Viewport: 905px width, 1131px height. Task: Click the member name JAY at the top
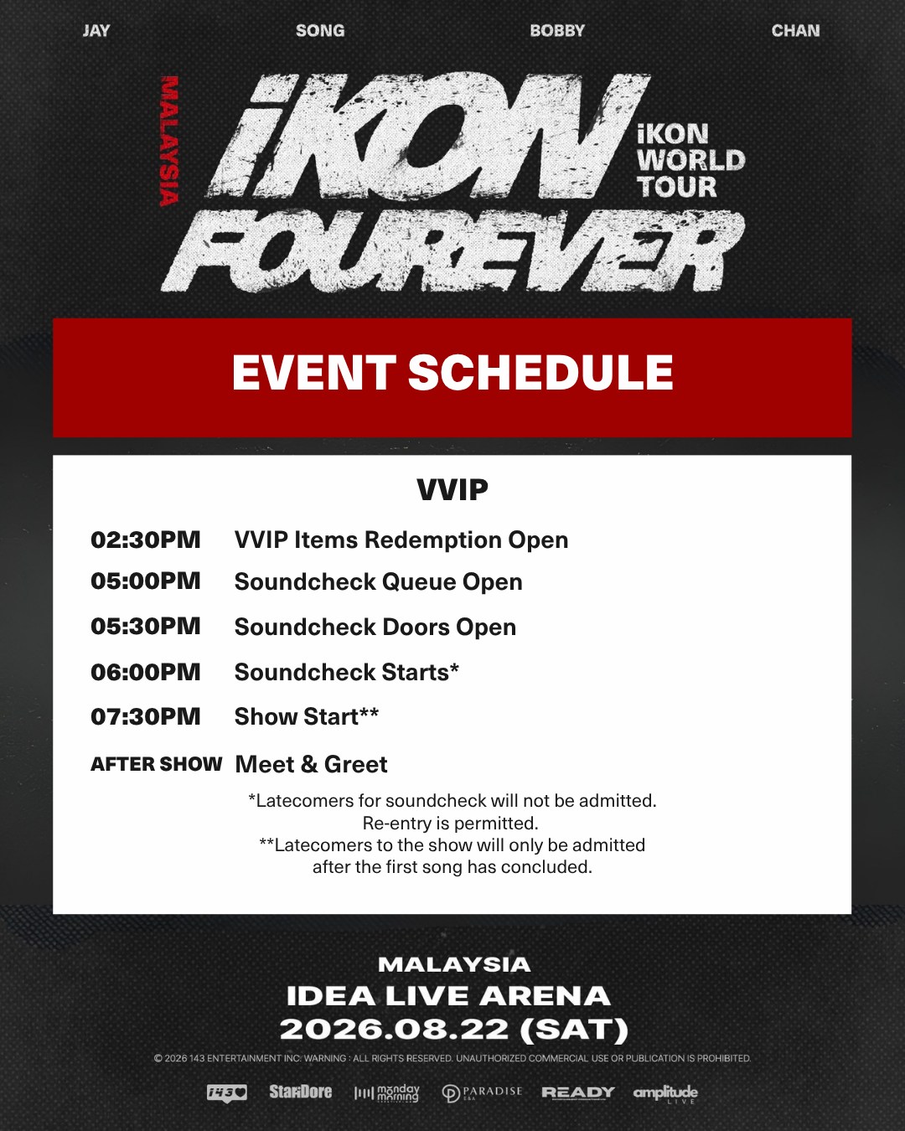[x=96, y=30]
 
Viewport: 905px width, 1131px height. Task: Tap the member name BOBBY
[x=557, y=30]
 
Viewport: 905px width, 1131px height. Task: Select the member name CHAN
[x=795, y=30]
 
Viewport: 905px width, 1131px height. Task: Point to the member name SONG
[x=320, y=30]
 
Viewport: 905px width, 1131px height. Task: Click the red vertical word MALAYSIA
[x=169, y=141]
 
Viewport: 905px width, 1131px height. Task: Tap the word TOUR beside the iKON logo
[x=677, y=187]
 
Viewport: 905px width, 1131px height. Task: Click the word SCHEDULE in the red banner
[x=540, y=372]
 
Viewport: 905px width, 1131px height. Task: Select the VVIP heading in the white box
[x=452, y=490]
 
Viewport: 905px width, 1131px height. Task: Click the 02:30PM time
[x=146, y=540]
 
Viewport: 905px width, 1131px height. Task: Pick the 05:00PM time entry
[x=146, y=581]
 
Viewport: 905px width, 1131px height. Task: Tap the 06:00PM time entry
[x=146, y=672]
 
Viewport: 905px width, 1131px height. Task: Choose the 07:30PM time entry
[x=146, y=716]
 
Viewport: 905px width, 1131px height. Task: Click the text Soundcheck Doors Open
[x=375, y=627]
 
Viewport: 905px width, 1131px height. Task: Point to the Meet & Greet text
[x=312, y=764]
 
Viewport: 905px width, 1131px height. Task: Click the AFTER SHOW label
[x=156, y=764]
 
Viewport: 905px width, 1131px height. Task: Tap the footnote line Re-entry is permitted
[x=450, y=823]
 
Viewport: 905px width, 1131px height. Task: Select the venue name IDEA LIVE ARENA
[x=448, y=996]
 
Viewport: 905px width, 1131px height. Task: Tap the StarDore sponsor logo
[x=300, y=1092]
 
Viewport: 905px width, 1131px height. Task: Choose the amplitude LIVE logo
[x=665, y=1093]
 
